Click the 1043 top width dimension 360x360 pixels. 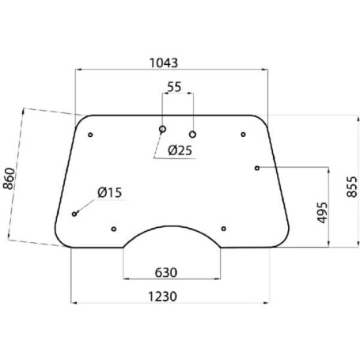[x=164, y=63]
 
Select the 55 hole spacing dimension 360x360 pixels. [x=174, y=87]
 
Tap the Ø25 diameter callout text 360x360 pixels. [x=180, y=150]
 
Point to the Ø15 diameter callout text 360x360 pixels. [x=110, y=193]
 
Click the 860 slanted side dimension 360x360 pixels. [x=9, y=179]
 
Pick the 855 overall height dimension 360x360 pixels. [x=352, y=187]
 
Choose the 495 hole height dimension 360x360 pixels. [x=322, y=213]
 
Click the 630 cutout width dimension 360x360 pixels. [x=166, y=273]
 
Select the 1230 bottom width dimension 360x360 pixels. [x=162, y=297]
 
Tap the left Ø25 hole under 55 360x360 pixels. [x=162, y=129]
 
